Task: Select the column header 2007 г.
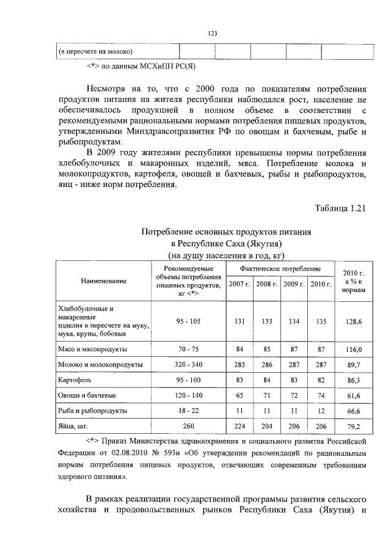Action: [239, 284]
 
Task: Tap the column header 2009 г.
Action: [294, 284]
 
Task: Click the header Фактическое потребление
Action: [280, 269]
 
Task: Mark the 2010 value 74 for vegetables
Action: [321, 396]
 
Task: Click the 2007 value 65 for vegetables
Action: [239, 396]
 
